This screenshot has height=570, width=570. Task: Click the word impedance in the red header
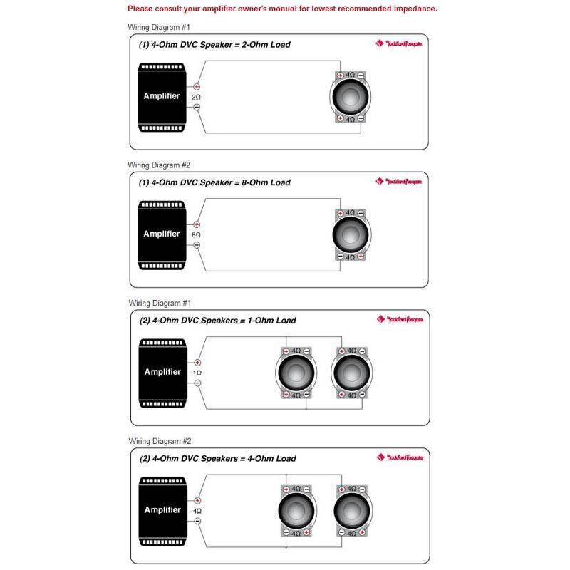[x=413, y=9]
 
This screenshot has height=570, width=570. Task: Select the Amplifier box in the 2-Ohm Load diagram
[x=162, y=96]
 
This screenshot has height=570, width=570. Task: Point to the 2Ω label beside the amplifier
[x=197, y=96]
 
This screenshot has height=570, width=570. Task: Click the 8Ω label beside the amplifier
[x=197, y=234]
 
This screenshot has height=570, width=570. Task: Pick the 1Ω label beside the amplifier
[x=197, y=373]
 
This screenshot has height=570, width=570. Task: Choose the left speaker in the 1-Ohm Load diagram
[x=296, y=373]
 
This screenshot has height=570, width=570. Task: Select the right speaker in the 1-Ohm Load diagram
[x=351, y=373]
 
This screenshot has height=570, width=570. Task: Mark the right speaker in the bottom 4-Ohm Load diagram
[x=351, y=510]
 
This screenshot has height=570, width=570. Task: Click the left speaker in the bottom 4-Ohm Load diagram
[x=296, y=510]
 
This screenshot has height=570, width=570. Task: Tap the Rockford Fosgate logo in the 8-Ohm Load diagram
[x=399, y=182]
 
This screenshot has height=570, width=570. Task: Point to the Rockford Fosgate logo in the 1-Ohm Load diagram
[x=400, y=319]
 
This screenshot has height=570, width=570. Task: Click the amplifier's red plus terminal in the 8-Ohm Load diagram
[x=197, y=224]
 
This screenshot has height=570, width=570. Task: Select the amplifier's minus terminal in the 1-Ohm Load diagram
[x=197, y=383]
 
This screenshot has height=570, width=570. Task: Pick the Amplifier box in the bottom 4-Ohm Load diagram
[x=162, y=510]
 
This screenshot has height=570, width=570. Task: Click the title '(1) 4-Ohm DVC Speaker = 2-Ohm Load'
[x=214, y=44]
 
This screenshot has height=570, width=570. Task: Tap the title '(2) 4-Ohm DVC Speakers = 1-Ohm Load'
[x=217, y=321]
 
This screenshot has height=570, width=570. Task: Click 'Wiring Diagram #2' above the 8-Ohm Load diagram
[x=159, y=165]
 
